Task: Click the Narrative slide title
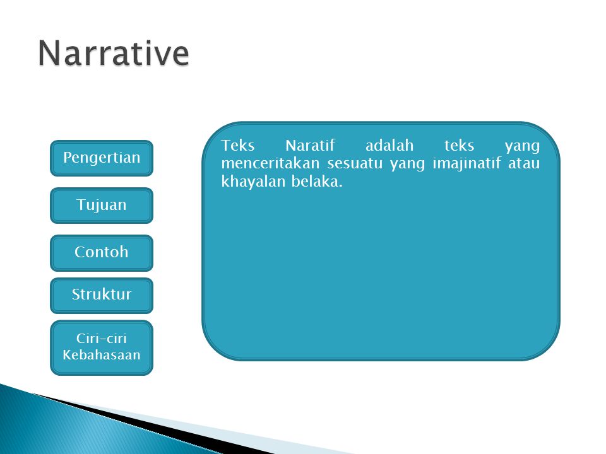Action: [114, 53]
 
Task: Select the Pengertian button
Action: [102, 158]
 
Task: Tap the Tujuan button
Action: [102, 206]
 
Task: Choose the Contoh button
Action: [102, 253]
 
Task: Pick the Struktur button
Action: [102, 295]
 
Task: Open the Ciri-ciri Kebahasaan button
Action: [102, 347]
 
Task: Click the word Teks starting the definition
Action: [238, 146]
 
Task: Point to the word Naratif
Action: [311, 146]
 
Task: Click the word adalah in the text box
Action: [389, 146]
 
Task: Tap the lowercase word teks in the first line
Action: [459, 146]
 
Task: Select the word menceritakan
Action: [270, 163]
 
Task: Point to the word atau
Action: [524, 164]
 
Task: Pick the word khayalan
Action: [252, 182]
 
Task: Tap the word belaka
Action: [317, 182]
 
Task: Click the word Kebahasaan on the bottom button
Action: [102, 355]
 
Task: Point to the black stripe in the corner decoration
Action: [155, 424]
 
